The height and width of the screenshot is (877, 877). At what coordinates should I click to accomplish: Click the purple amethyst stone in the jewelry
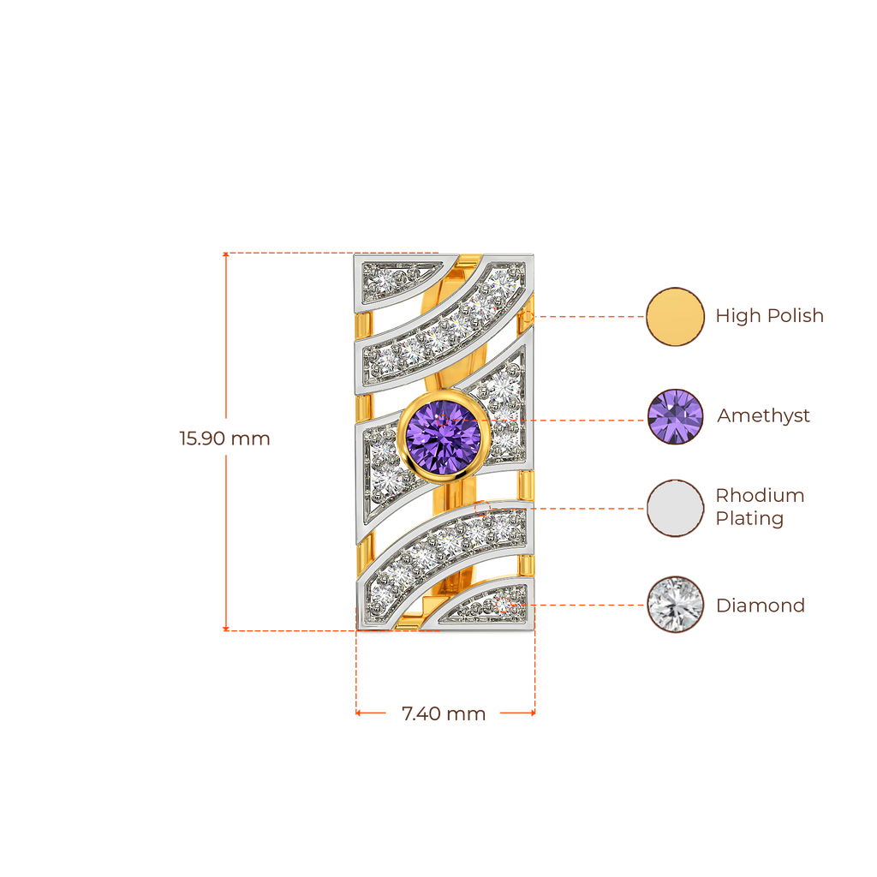point(443,434)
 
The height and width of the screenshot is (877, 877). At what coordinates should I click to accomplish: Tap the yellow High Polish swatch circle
point(674,316)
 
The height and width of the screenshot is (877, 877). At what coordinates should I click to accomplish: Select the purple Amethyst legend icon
point(675,417)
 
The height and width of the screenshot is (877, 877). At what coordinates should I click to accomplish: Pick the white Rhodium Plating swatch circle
point(675,508)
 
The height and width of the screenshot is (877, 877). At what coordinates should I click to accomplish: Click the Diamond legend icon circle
point(675,605)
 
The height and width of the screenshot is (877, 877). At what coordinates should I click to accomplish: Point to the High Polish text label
point(769,316)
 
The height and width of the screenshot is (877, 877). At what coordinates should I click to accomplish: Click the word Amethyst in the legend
point(763,417)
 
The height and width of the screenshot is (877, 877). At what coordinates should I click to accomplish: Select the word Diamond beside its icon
point(760,606)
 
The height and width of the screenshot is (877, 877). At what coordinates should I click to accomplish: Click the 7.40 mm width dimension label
point(444,713)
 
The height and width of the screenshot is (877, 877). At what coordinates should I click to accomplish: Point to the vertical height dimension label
point(224,439)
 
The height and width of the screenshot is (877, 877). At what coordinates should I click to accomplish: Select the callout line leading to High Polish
point(591,316)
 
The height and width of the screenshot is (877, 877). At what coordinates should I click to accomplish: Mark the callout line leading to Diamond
point(591,605)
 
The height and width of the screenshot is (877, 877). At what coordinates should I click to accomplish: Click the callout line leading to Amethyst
point(591,420)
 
